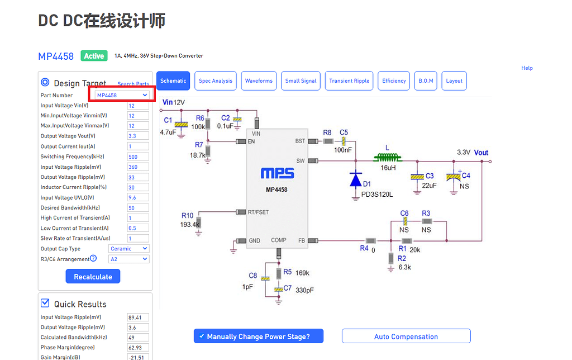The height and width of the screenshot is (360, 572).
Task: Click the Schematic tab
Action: pyautogui.click(x=173, y=81)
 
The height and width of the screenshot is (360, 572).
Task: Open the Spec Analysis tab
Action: pyautogui.click(x=215, y=81)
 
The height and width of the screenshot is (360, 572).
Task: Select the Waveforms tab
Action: pyautogui.click(x=259, y=81)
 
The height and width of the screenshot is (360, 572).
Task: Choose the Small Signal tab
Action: pyautogui.click(x=301, y=81)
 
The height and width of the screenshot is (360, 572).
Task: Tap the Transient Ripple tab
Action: pyautogui.click(x=349, y=81)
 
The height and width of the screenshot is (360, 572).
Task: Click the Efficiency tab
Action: pyautogui.click(x=394, y=81)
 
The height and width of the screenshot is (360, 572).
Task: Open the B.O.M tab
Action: pyautogui.click(x=426, y=81)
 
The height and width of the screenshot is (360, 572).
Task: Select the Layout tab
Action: pyautogui.click(x=454, y=81)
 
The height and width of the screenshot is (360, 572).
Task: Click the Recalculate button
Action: pyautogui.click(x=93, y=277)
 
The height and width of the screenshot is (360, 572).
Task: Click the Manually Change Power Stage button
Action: pyautogui.click(x=259, y=337)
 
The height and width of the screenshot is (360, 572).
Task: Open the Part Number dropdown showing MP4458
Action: pyautogui.click(x=122, y=95)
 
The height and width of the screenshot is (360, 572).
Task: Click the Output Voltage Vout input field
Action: pyautogui.click(x=138, y=136)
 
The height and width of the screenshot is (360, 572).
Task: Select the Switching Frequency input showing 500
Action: pyautogui.click(x=138, y=157)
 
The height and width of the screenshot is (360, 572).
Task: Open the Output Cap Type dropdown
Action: pyautogui.click(x=128, y=249)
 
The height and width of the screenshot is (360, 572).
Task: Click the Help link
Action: pyautogui.click(x=527, y=68)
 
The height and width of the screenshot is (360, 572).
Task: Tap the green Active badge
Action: pyautogui.click(x=94, y=56)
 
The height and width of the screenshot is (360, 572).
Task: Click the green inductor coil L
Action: pyautogui.click(x=387, y=158)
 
